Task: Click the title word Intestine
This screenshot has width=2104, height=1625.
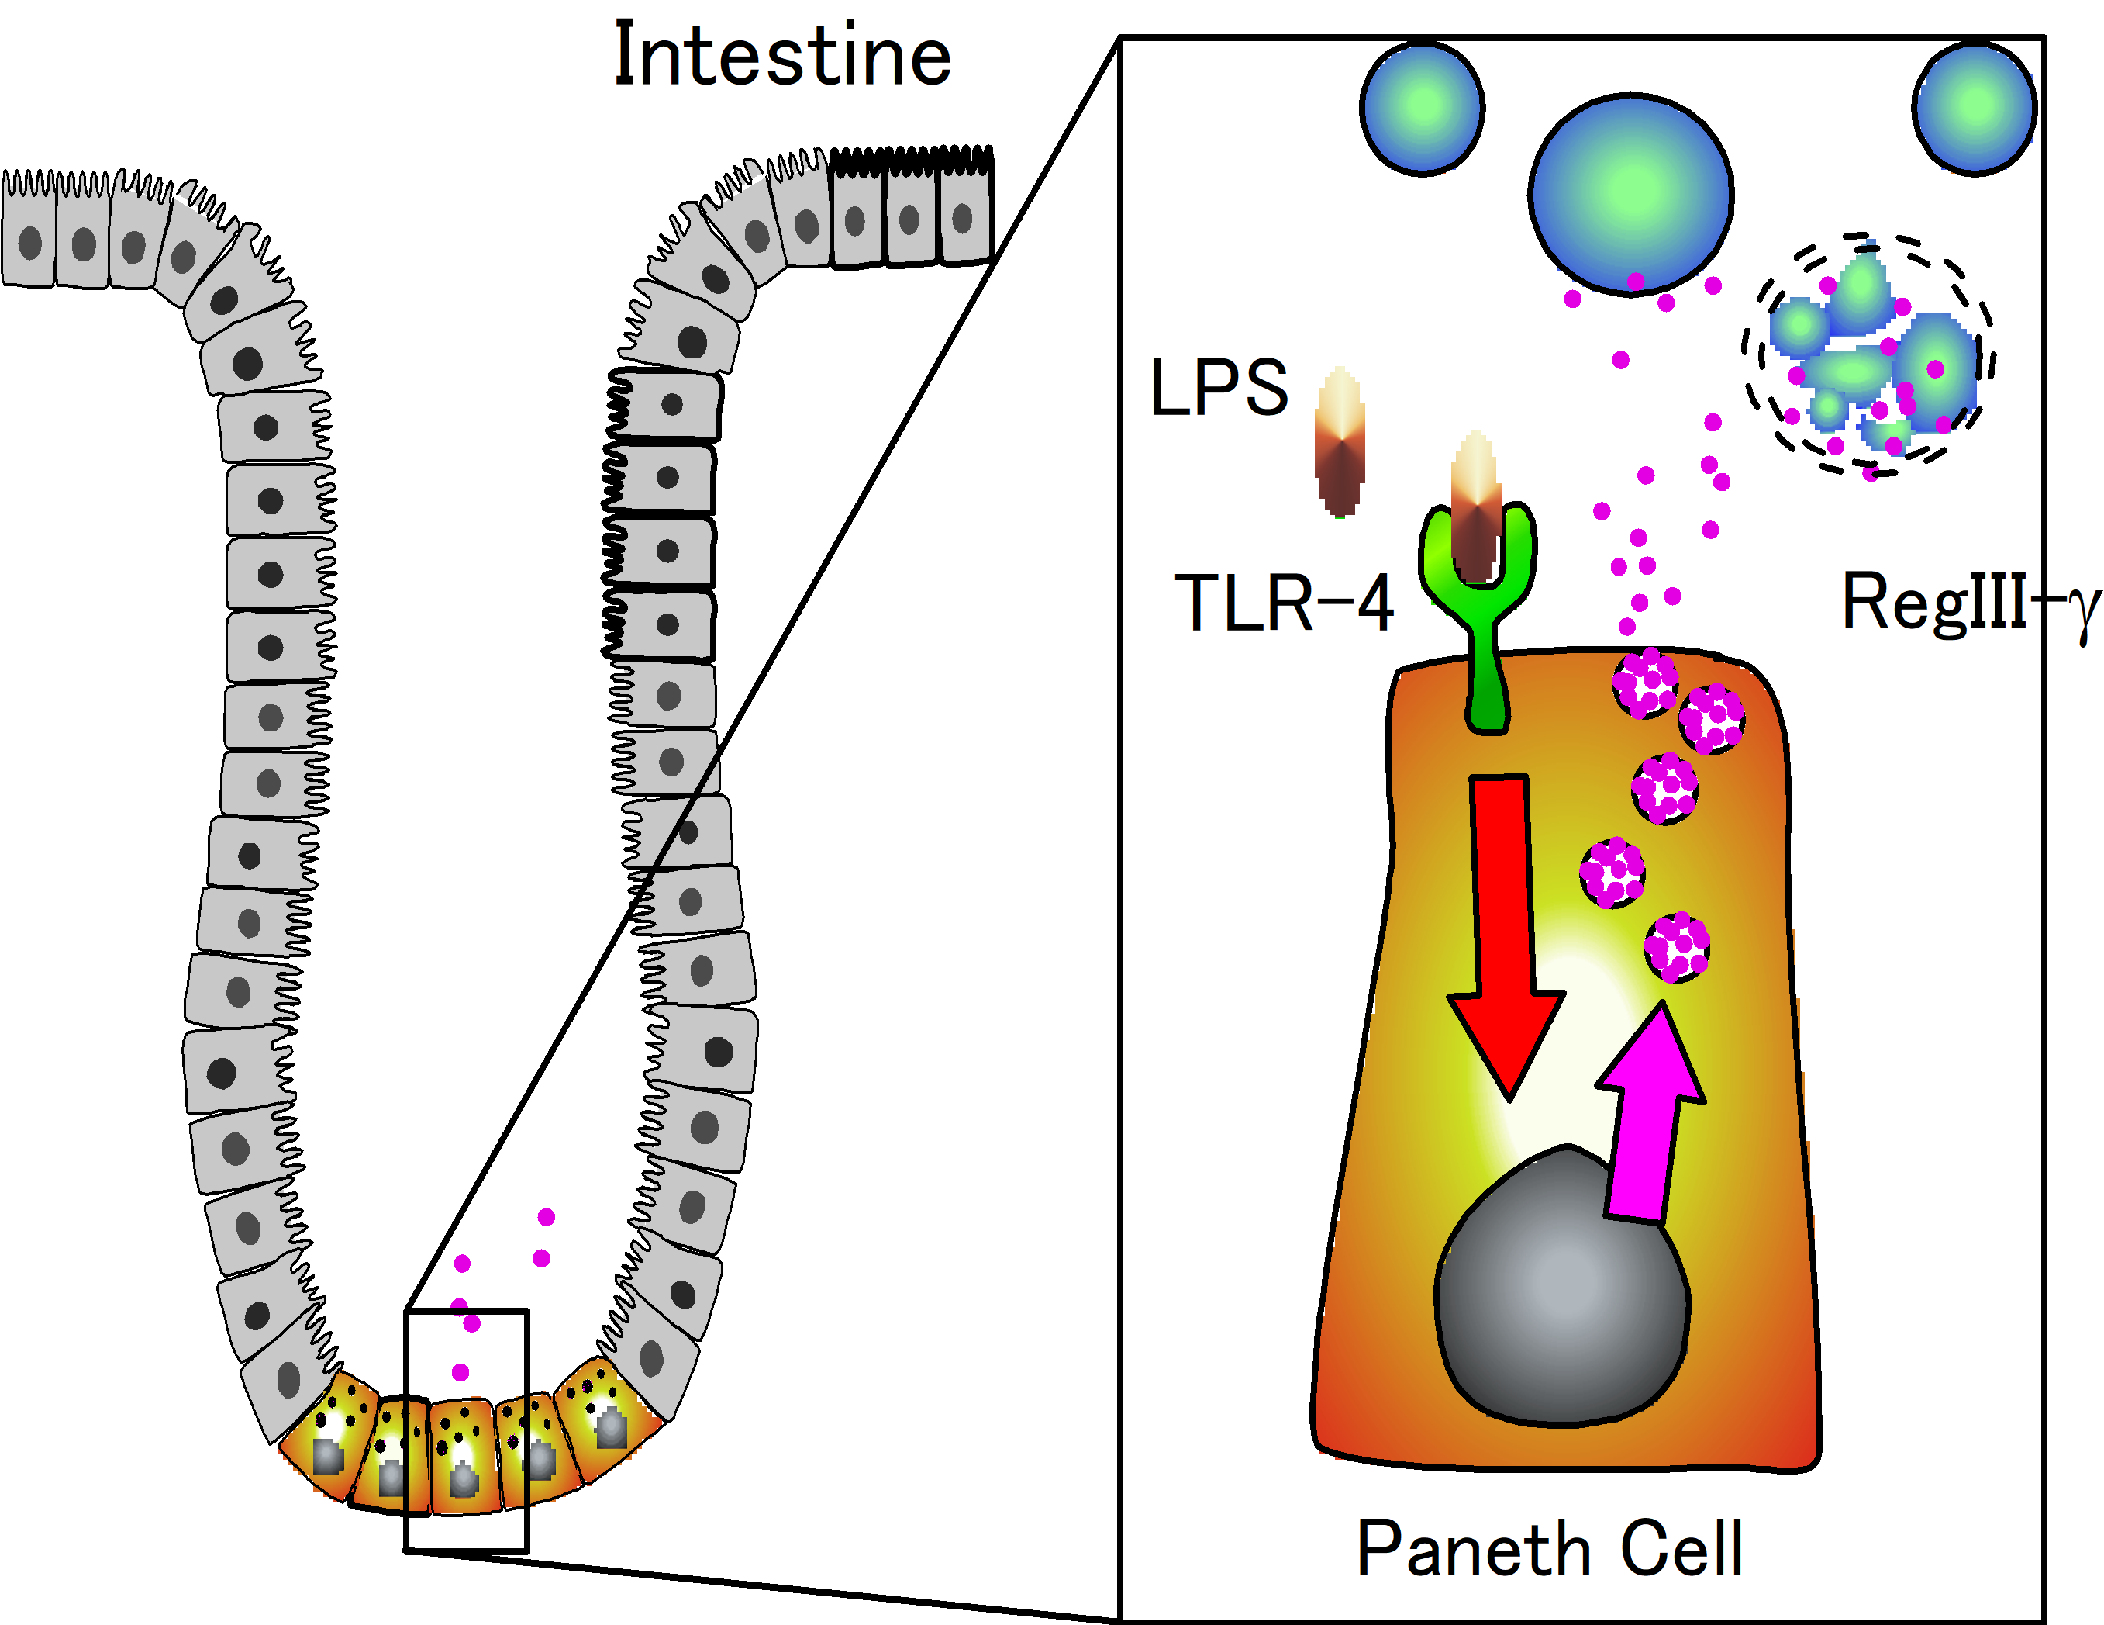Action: click(782, 56)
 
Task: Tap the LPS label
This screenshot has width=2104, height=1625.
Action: click(1219, 388)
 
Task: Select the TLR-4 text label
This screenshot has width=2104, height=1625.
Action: click(1284, 603)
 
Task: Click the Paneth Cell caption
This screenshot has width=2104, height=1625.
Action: click(1550, 1550)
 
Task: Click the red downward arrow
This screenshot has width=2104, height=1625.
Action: click(1503, 925)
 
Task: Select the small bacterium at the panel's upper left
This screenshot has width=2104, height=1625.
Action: click(1422, 109)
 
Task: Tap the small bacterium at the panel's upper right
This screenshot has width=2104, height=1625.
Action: click(1974, 108)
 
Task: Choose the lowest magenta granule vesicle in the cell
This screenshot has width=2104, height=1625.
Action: click(1677, 947)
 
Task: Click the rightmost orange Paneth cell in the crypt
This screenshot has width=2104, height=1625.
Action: click(606, 1412)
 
